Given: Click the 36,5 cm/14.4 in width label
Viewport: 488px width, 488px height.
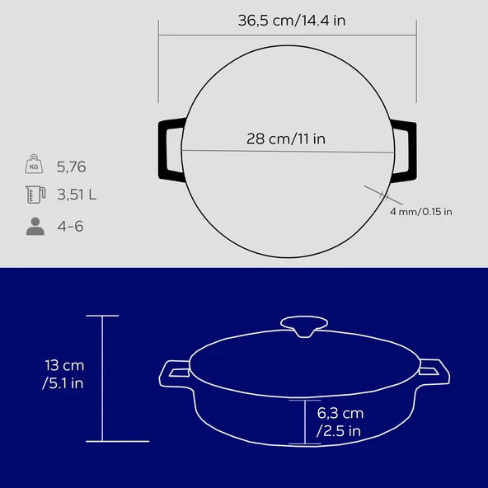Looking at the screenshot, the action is coord(292,21).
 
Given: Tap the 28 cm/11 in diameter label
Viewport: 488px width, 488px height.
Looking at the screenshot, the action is coord(286,138).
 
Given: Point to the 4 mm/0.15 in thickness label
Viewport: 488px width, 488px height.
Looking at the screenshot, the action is coord(420,212).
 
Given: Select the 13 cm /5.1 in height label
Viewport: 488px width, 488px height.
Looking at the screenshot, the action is coord(63,374).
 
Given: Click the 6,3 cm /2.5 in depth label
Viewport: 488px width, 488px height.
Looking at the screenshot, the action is coord(340,422).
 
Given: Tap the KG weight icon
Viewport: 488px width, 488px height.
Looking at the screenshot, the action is coord(34,164).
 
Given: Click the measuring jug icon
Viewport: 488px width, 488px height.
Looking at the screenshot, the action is coord(35,195).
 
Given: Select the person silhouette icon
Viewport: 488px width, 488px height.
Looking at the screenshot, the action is coord(35,226).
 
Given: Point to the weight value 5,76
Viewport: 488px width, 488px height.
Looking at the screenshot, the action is coord(71,167).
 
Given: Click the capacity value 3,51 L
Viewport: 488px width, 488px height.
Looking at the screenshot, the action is coord(77,195).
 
